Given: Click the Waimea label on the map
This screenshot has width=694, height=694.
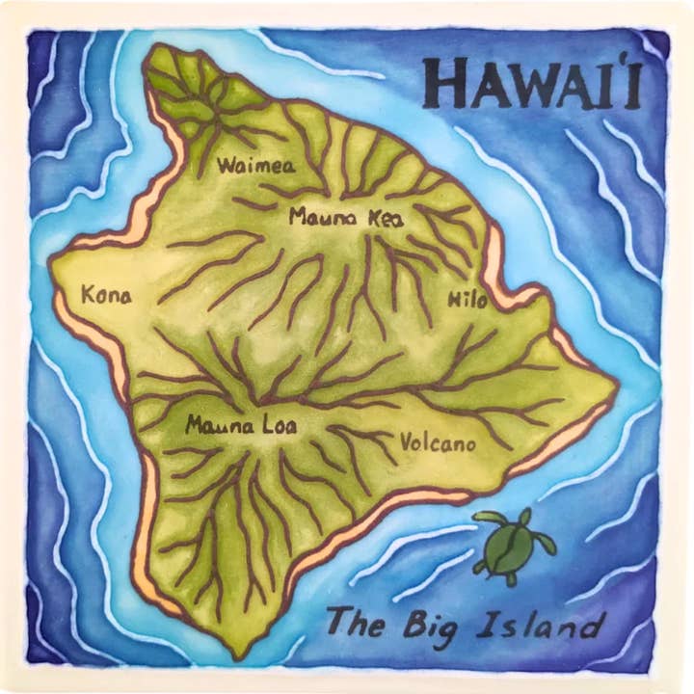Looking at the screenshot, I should click(255, 165).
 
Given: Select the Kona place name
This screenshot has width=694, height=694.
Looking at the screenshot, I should click(106, 295).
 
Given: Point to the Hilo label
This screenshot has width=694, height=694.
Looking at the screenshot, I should click(467, 300).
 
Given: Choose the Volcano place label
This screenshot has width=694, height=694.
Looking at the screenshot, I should click(437, 443).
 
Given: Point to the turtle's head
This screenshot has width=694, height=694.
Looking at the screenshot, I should click(526, 518).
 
